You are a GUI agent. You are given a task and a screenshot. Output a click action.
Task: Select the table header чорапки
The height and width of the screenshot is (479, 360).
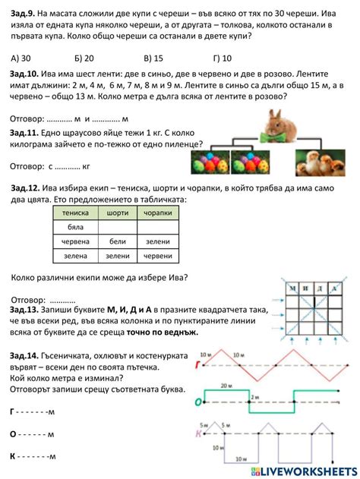click(x=157, y=213)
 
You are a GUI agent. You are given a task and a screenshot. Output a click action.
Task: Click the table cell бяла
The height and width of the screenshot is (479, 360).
click(x=74, y=227)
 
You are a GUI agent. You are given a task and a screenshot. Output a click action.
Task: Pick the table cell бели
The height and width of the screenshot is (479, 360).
click(x=117, y=241)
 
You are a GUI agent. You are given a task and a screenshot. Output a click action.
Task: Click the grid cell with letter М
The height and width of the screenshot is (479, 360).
click(x=291, y=288)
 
